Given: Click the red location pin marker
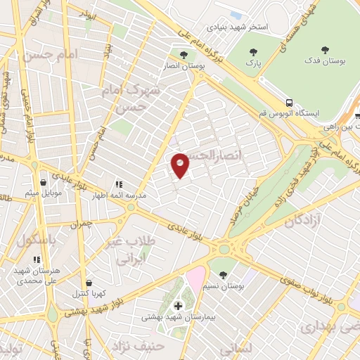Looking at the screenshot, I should [x=181, y=165].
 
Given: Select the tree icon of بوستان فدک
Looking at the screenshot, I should [x=324, y=50].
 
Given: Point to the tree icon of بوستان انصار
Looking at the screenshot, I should [x=184, y=55].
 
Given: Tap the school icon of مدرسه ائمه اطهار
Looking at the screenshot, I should [x=117, y=185].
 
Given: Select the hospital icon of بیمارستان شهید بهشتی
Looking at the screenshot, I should [x=179, y=306].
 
